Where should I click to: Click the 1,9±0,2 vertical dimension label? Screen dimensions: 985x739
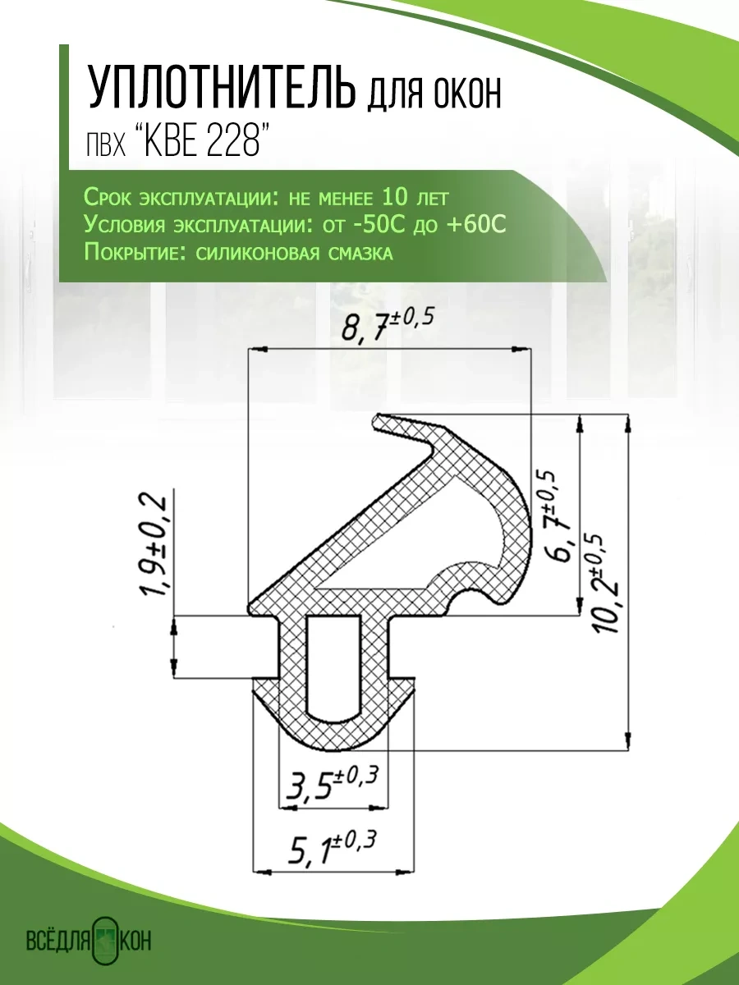(x=156, y=546)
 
